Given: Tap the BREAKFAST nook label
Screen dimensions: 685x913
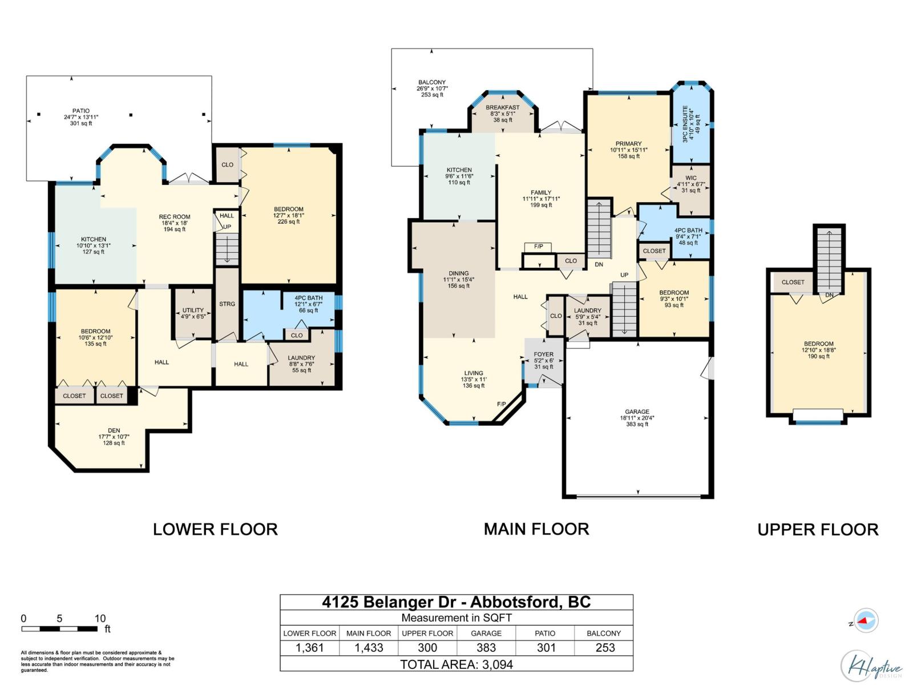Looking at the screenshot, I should tap(503, 107).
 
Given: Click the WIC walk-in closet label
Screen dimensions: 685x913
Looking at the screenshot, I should tap(690, 178).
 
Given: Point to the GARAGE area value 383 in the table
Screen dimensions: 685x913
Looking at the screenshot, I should tap(486, 648).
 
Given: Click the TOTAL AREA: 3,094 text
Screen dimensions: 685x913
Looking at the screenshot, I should tap(457, 664).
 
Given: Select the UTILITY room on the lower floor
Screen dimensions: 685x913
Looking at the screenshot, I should tap(193, 311).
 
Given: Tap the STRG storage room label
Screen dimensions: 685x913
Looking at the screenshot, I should tap(227, 304).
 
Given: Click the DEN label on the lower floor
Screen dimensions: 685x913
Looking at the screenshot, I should tap(114, 431).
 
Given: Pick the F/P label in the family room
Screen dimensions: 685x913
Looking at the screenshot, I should tap(538, 247).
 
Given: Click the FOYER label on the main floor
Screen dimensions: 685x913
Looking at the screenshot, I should tap(544, 354).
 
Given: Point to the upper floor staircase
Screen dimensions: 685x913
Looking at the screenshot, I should tap(829, 258).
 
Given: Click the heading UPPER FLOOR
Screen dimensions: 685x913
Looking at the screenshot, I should tap(818, 530).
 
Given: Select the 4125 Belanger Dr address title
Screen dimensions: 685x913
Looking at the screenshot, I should tap(457, 602).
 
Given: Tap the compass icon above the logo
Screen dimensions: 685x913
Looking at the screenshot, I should tap(866, 620).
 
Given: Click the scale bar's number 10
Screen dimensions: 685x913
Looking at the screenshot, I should tap(100, 618).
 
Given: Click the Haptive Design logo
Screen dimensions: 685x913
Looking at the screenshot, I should tap(871, 666).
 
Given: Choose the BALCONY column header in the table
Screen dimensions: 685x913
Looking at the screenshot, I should tap(604, 633).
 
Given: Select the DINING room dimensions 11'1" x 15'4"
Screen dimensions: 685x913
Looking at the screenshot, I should tap(459, 280).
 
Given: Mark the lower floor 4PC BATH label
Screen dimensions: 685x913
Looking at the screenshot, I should tap(308, 298).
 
